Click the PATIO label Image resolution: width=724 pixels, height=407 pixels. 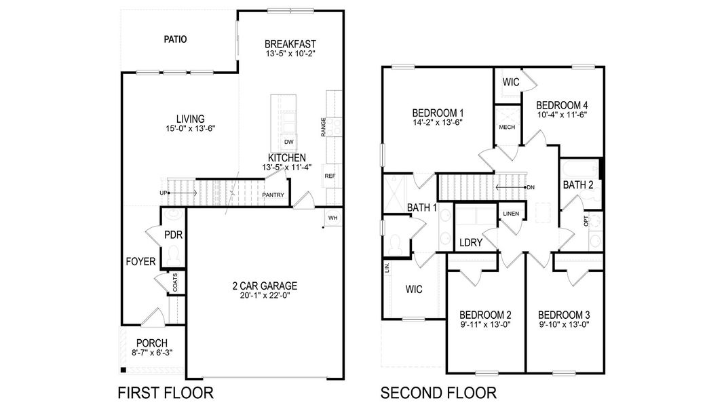point(175,39)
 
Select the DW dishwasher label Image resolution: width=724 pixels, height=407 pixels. point(288,142)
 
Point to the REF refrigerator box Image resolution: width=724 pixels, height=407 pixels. point(330,176)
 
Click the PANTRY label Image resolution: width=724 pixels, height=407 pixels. point(273,196)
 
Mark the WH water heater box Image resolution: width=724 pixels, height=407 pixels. point(332,218)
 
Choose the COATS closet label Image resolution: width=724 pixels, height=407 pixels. point(175,282)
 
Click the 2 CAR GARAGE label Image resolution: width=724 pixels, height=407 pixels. point(264,286)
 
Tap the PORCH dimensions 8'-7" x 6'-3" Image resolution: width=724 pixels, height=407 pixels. point(152,354)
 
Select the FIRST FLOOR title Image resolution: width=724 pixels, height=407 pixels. point(166,392)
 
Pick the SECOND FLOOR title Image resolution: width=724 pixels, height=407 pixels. point(438,392)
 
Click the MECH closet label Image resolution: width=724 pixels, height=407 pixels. point(507,128)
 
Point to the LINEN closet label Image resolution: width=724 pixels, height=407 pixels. point(510,214)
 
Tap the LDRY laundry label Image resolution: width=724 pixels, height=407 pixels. point(470,242)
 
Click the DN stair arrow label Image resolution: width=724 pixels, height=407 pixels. point(531,187)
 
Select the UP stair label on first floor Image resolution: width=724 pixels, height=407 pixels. point(164,193)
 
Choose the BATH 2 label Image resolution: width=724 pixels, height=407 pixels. point(577,185)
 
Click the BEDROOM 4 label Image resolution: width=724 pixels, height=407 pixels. point(562,105)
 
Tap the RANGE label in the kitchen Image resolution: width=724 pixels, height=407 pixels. point(324,126)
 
